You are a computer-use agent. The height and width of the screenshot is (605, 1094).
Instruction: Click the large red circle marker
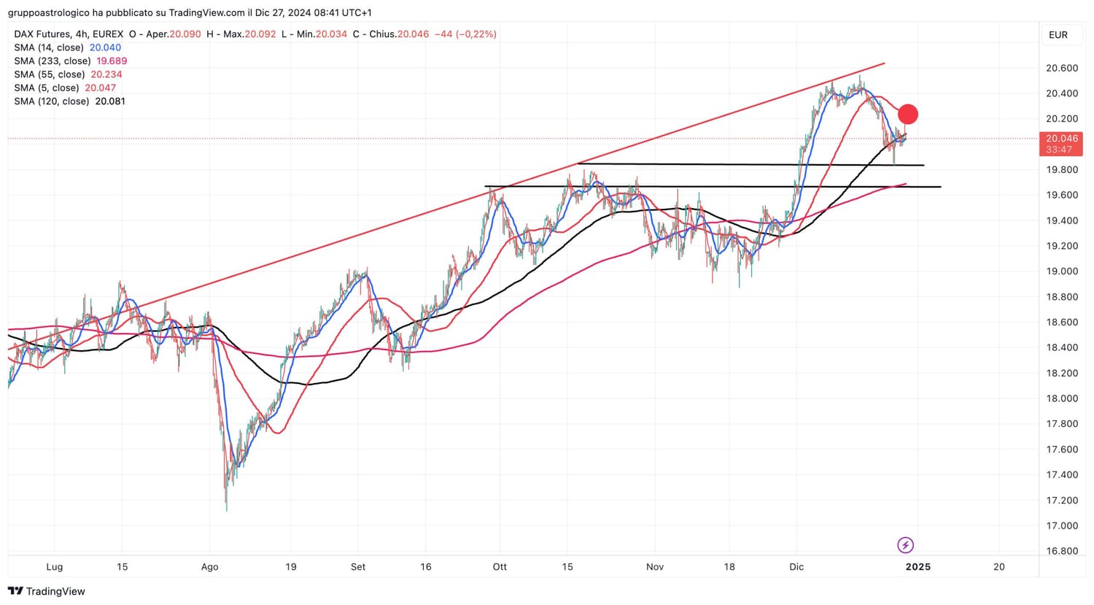(x=907, y=114)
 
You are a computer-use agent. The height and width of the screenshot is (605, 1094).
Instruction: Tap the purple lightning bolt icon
(x=905, y=545)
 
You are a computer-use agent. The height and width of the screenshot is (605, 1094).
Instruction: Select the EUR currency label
(x=1058, y=35)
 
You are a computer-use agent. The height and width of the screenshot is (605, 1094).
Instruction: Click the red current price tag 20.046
(x=1061, y=139)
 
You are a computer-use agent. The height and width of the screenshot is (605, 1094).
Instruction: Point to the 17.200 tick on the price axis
(x=1061, y=501)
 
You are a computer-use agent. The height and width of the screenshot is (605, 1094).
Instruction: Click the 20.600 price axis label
(x=1061, y=69)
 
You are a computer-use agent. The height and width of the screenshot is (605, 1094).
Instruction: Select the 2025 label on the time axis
(x=918, y=567)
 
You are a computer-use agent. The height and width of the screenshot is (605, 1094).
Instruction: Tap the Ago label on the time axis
(x=209, y=567)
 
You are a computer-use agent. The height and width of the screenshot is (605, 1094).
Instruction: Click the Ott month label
(x=500, y=567)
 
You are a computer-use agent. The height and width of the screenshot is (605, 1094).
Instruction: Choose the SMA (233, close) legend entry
(x=53, y=61)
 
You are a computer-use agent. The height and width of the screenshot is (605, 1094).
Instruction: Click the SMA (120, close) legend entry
(x=53, y=101)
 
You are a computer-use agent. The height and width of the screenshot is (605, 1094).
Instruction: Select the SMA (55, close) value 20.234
(x=106, y=74)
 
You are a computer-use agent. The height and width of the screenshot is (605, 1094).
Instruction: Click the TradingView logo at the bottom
(x=47, y=591)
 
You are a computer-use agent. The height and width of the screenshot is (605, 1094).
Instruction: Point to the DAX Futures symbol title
(x=42, y=34)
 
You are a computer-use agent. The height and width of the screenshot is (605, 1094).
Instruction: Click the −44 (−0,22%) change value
(x=465, y=34)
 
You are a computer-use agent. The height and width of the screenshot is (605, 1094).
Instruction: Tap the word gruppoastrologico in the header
(x=48, y=13)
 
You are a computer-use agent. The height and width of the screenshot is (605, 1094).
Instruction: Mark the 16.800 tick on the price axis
(x=1061, y=551)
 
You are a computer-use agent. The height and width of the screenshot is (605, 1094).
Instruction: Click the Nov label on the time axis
(x=655, y=567)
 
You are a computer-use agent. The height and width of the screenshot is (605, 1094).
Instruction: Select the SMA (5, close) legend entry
(x=47, y=88)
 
